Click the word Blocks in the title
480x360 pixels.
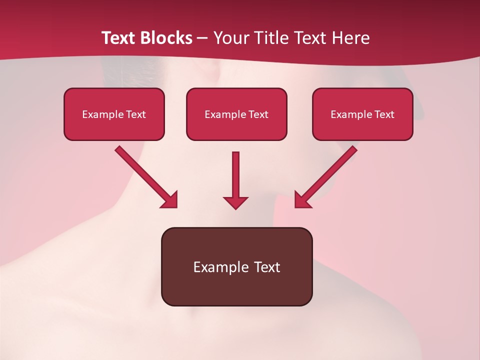point(166,38)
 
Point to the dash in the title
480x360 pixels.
point(202,38)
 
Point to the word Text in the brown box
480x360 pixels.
point(267,267)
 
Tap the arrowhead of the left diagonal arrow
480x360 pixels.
point(170,200)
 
